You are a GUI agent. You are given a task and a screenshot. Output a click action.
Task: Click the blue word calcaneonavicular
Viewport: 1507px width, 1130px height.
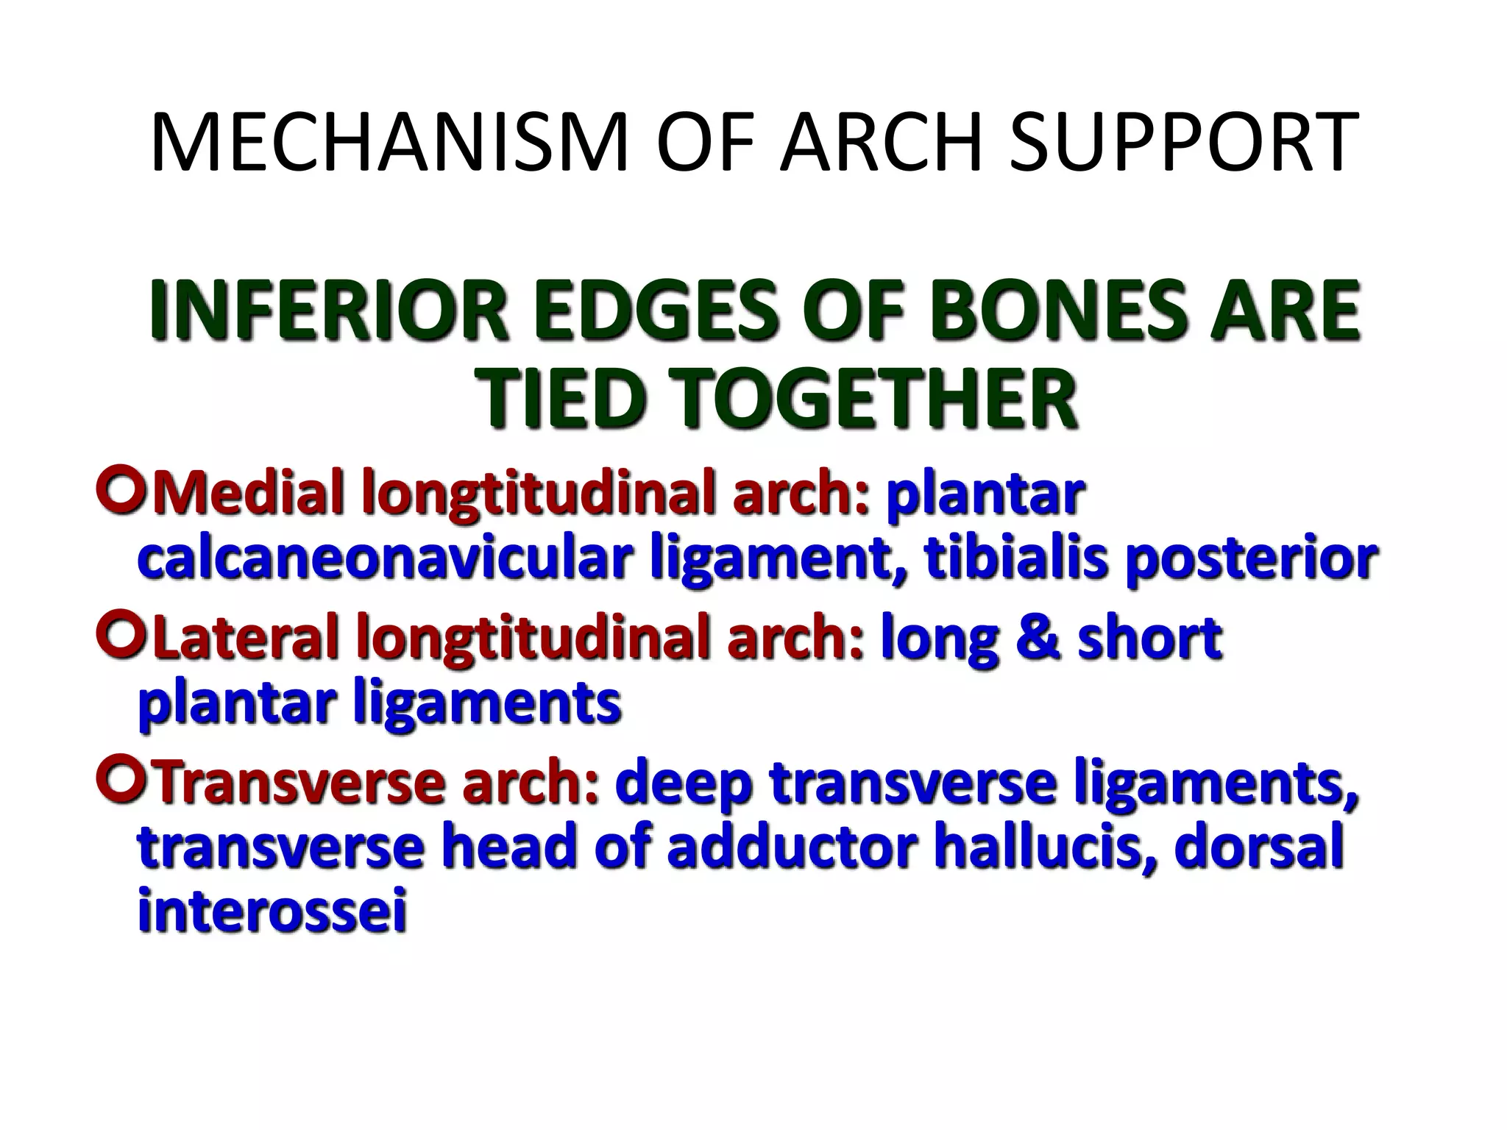[x=386, y=558]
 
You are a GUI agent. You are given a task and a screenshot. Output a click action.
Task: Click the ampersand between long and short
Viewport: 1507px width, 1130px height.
[x=1038, y=638]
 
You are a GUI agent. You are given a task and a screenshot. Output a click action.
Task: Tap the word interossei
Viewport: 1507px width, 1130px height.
[x=272, y=912]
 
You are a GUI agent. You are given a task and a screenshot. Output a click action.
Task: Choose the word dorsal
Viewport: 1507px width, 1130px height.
[x=1259, y=847]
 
